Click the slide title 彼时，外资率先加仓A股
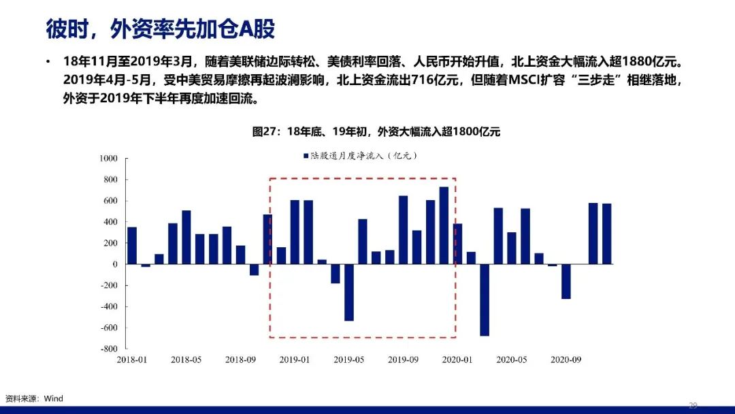(x=161, y=29)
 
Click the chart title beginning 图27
(x=376, y=131)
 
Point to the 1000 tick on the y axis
(x=108, y=159)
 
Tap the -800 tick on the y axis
(x=109, y=349)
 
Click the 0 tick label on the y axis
(x=115, y=264)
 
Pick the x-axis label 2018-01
(x=132, y=360)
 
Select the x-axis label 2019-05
(x=348, y=360)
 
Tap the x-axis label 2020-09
(x=566, y=360)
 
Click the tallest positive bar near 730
(x=444, y=225)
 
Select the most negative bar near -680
(x=485, y=300)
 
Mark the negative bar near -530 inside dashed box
(x=348, y=293)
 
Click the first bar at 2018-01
(x=132, y=246)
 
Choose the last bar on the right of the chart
(x=606, y=234)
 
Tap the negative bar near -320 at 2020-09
(x=566, y=281)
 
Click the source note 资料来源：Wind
(x=34, y=398)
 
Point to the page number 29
(x=693, y=405)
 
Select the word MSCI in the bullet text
(x=524, y=80)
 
